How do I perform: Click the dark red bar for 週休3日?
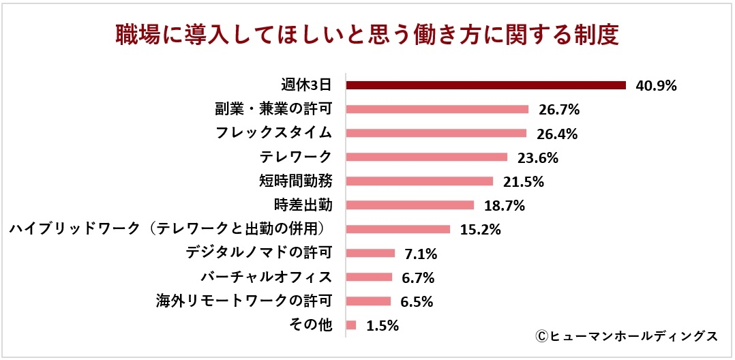pos(486,85)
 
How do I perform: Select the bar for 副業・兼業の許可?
pos(438,109)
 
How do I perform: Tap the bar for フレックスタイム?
pos(436,133)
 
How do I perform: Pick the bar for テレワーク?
pos(427,157)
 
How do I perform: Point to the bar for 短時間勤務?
pos(419,181)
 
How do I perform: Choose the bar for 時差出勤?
pos(410,205)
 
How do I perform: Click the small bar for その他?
pos(351,325)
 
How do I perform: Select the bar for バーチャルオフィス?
pos(370,277)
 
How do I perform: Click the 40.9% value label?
pos(655,86)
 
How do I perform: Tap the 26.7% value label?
pos(558,110)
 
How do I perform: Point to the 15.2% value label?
pos(480,230)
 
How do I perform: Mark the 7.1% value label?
pos(421,254)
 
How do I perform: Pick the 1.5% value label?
pos(382,326)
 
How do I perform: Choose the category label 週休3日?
pos(306,85)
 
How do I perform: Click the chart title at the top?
pos(367,35)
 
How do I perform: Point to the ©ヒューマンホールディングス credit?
pos(626,336)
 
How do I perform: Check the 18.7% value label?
pos(503,206)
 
